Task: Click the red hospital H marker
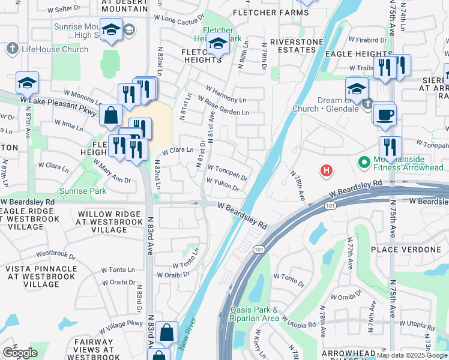326,171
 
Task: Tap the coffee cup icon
384,113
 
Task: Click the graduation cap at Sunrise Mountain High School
111,29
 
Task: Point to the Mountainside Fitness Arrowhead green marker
363,162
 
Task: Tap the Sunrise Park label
82,191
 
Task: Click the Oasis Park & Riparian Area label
255,314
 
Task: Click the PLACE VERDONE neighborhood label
406,249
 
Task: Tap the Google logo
20,352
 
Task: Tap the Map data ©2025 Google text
412,355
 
